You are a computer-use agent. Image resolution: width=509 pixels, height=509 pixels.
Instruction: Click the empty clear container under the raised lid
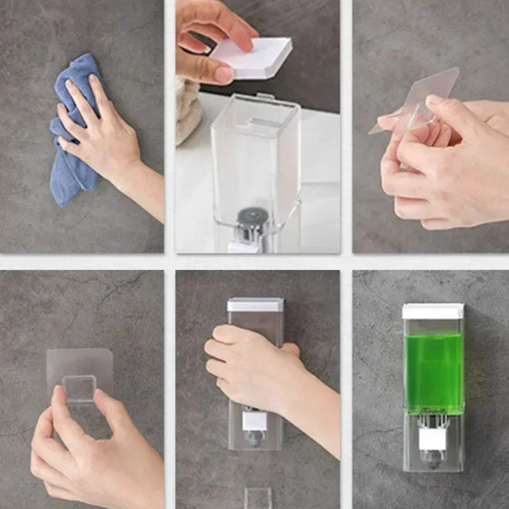[254, 159]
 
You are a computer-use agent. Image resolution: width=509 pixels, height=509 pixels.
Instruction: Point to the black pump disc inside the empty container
[249, 216]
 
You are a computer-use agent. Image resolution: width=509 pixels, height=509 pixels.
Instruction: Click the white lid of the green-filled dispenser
[433, 311]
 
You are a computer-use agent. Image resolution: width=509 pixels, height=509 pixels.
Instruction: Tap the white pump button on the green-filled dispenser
[433, 439]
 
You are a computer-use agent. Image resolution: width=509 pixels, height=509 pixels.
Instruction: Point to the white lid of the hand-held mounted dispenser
[255, 305]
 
